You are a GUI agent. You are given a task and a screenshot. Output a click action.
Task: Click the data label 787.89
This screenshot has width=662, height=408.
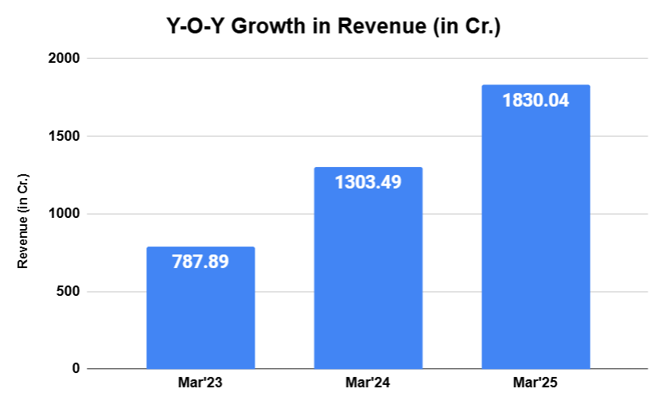[x=201, y=261]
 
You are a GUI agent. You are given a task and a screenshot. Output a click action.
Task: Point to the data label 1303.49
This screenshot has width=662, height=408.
[x=368, y=181]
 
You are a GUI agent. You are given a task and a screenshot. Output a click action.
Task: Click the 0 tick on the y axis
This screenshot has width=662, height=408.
[x=76, y=369]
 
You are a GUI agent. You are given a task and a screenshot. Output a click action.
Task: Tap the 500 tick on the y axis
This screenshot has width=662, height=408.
[x=69, y=292]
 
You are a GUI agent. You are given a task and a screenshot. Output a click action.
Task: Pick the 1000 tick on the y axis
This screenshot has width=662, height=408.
[x=66, y=214]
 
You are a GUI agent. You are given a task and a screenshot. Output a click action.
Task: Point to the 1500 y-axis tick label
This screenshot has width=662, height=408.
[x=66, y=137]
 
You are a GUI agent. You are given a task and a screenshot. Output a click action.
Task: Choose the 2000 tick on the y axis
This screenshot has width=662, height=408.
[x=66, y=59]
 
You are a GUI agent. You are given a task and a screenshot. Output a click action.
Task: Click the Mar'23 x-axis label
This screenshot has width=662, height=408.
[x=201, y=383]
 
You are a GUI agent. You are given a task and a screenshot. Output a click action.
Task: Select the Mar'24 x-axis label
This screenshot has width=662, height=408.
[x=368, y=383]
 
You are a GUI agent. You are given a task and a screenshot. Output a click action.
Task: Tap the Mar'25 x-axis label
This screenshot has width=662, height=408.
[x=535, y=383]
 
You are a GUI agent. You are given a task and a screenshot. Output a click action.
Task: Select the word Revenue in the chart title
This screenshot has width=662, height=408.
[x=381, y=25]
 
